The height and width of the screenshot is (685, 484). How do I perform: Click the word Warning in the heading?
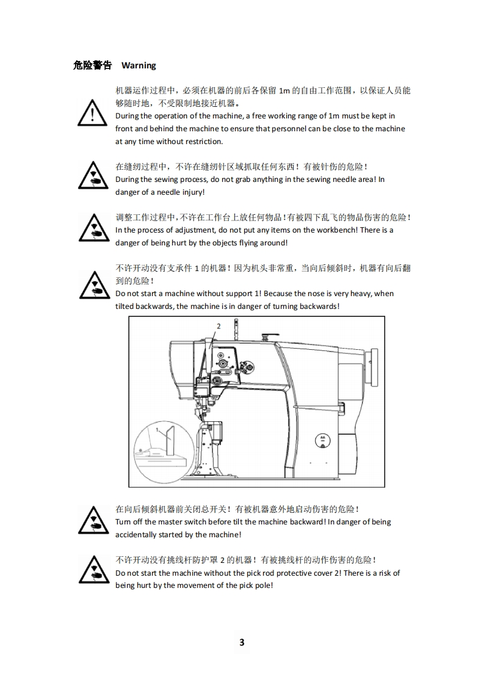139,65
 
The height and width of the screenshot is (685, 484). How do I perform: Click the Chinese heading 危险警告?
92,65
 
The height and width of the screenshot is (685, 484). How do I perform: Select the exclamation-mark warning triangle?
92,113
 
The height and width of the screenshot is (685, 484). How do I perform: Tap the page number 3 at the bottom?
242,642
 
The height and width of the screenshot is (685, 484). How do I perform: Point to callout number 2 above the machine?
219,326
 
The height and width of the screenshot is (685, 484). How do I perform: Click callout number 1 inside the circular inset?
157,430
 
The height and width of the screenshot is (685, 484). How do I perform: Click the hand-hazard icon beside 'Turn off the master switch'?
93,520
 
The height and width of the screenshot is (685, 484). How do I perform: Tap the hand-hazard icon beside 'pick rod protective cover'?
94,570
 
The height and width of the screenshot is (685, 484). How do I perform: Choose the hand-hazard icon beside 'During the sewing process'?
93,176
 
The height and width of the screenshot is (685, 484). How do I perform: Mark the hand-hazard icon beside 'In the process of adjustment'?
94,228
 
